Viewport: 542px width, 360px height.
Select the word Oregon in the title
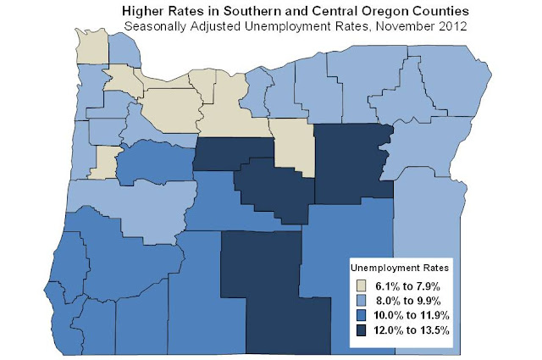tap(363, 11)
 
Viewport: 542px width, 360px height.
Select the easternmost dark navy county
tap(351, 161)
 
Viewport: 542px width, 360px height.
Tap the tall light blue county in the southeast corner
tap(428, 254)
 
